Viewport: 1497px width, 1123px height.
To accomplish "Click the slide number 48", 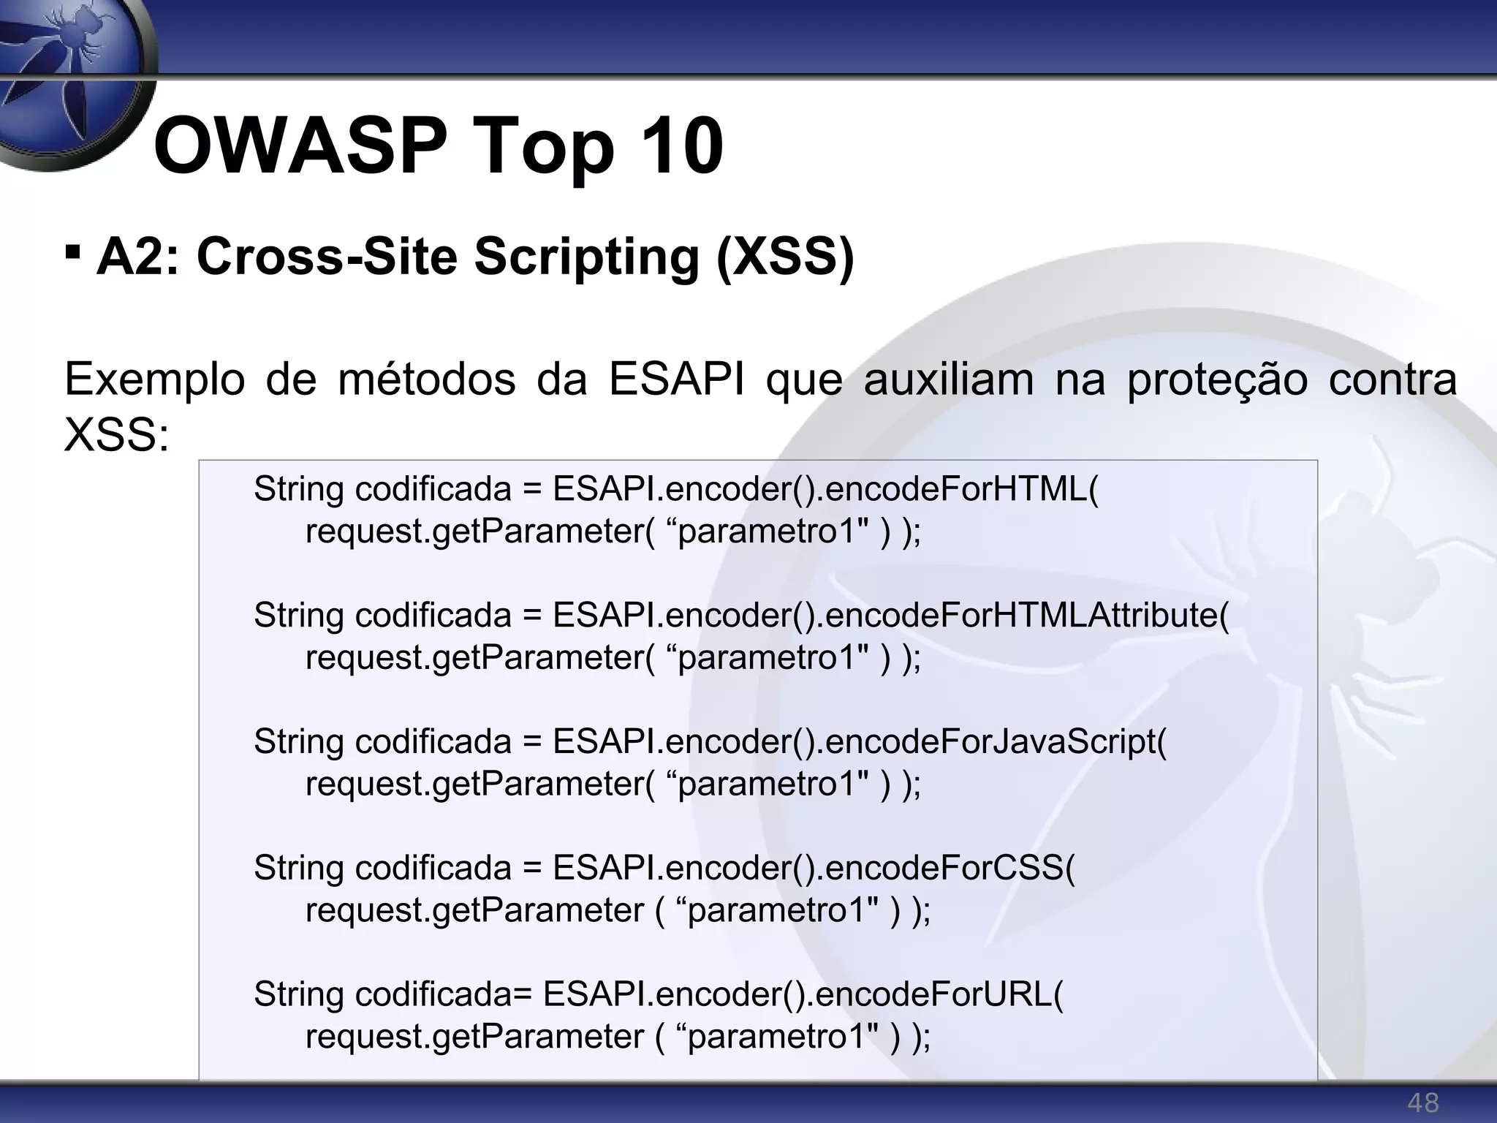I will click(x=1422, y=1102).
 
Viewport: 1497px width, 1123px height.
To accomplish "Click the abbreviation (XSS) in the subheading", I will click(x=784, y=257).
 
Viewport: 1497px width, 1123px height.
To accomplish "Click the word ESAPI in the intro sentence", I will click(x=677, y=380).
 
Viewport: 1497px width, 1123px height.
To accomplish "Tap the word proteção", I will click(x=1216, y=380).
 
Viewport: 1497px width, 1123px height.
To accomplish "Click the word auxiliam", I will click(x=949, y=380).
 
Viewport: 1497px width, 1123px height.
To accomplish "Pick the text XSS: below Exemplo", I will click(x=117, y=436).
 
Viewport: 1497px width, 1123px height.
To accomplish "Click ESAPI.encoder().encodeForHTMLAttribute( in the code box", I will click(x=891, y=615).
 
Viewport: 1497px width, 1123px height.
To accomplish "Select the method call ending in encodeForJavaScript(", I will click(x=860, y=741).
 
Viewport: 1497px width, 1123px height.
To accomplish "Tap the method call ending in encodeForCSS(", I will click(x=814, y=868).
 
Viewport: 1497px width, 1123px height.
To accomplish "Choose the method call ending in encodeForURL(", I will click(x=803, y=994).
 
